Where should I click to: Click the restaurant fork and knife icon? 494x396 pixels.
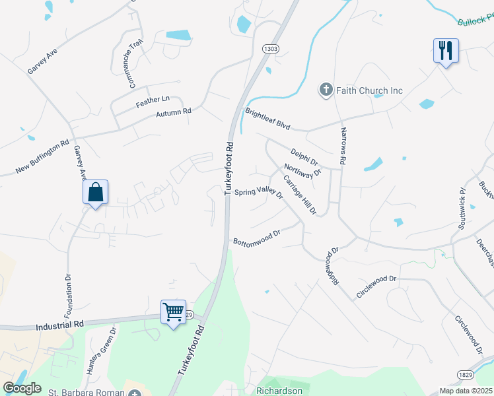pyautogui.click(x=446, y=49)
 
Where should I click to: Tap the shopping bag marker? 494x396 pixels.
pyautogui.click(x=96, y=192)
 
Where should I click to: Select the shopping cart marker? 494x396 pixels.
pyautogui.click(x=173, y=311)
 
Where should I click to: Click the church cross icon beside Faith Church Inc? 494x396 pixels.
pyautogui.click(x=326, y=90)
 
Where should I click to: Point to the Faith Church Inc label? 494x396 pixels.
pyautogui.click(x=370, y=90)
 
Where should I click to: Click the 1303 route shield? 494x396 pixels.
pyautogui.click(x=270, y=49)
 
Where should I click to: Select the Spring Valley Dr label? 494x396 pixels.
pyautogui.click(x=259, y=193)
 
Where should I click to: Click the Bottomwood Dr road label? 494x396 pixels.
pyautogui.click(x=258, y=236)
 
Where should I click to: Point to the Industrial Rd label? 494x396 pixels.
pyautogui.click(x=60, y=325)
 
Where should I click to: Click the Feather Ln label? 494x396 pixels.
pyautogui.click(x=148, y=100)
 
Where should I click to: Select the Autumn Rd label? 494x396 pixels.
pyautogui.click(x=173, y=113)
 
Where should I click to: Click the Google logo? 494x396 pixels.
pyautogui.click(x=22, y=388)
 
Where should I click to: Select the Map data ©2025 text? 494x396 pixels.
pyautogui.click(x=465, y=391)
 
